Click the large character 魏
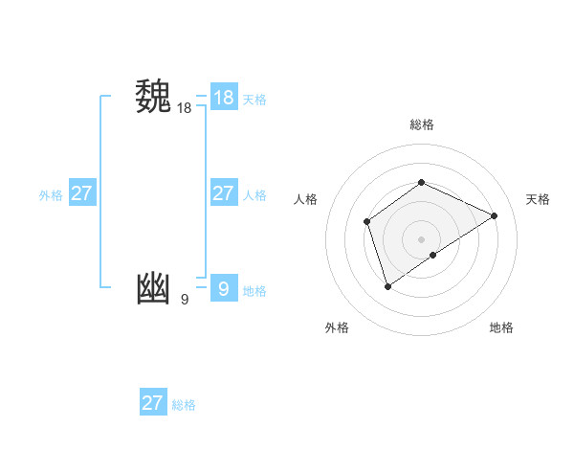[153, 99]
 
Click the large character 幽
[153, 289]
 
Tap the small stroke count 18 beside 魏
[184, 108]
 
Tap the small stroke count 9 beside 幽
[184, 300]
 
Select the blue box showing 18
[223, 98]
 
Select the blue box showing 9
[223, 288]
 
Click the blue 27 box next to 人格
[223, 193]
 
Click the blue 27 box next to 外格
[81, 193]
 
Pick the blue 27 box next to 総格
[152, 403]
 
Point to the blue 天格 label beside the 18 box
[254, 100]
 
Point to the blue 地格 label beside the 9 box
[254, 291]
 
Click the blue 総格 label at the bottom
[184, 405]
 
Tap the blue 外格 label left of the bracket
[51, 195]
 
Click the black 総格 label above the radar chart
[421, 124]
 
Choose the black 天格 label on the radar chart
[538, 199]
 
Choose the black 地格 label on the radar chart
[501, 327]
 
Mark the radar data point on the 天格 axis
[495, 215]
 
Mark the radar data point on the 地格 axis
[433, 255]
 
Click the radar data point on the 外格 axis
[387, 285]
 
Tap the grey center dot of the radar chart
[421, 238]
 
